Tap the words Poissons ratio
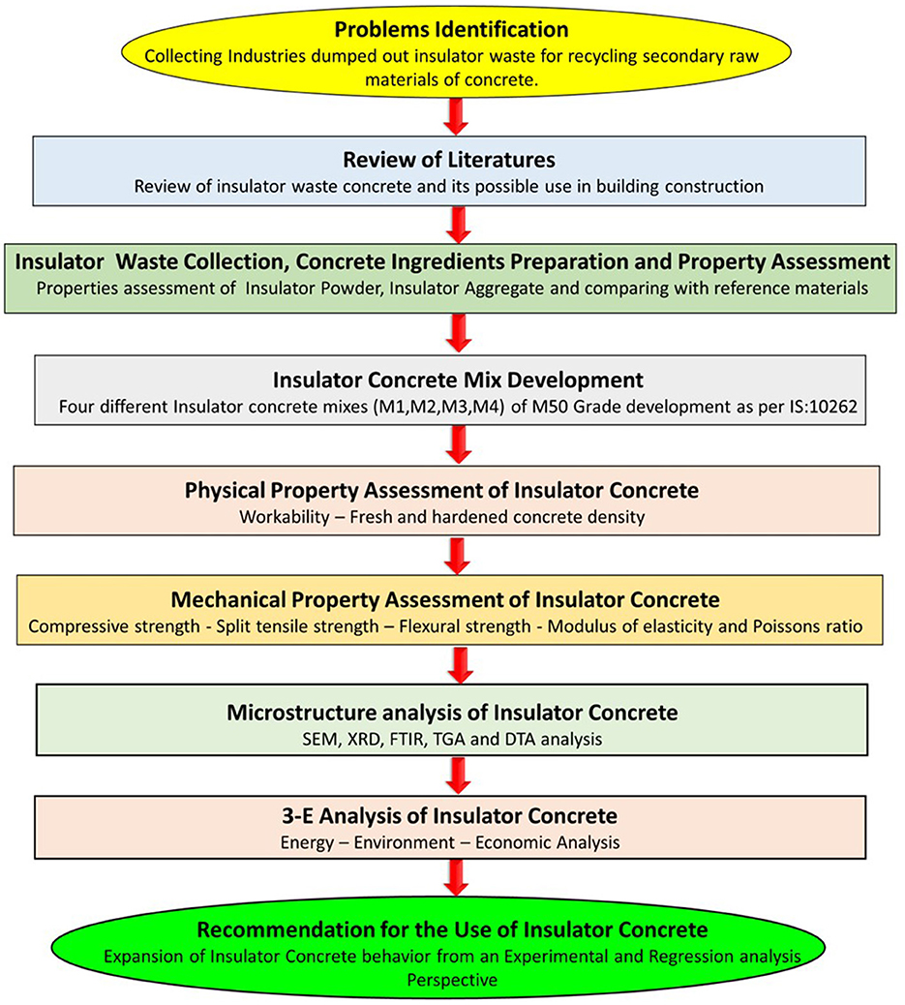[814, 626]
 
